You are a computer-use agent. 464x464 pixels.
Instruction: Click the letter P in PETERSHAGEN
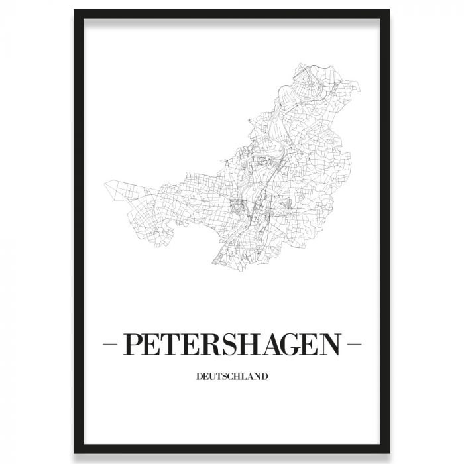click(x=132, y=345)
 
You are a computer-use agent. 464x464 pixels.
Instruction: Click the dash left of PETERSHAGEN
click(x=110, y=345)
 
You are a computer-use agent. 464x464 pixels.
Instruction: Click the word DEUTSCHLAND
click(x=232, y=378)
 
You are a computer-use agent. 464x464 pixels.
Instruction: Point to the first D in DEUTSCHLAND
click(x=200, y=378)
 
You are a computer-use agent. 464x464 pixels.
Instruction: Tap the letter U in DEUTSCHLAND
click(x=212, y=378)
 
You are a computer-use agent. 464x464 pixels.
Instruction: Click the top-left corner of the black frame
click(x=75, y=11)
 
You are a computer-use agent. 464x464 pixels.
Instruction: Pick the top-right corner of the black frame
click(x=389, y=11)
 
